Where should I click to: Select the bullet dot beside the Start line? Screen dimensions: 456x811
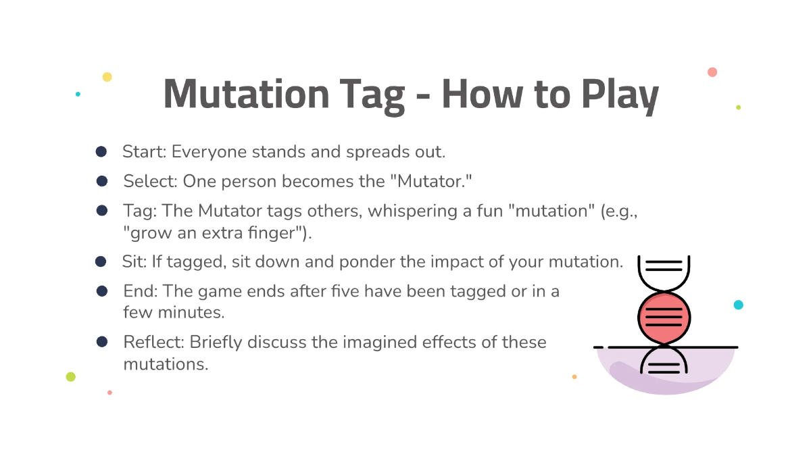(101, 151)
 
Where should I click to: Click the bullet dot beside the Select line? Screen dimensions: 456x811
(102, 181)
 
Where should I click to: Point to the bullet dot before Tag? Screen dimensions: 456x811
(102, 211)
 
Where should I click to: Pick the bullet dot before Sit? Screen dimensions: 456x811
(101, 261)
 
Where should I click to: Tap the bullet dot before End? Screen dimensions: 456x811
(102, 291)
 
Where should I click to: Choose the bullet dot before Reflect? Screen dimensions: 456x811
(102, 342)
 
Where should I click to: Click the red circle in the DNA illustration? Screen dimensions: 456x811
(664, 318)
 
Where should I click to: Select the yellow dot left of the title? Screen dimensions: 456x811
(107, 77)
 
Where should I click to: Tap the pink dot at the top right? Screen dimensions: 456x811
(712, 72)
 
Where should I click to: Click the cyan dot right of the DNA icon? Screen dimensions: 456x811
(739, 305)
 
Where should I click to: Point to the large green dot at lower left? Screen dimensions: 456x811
(71, 377)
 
